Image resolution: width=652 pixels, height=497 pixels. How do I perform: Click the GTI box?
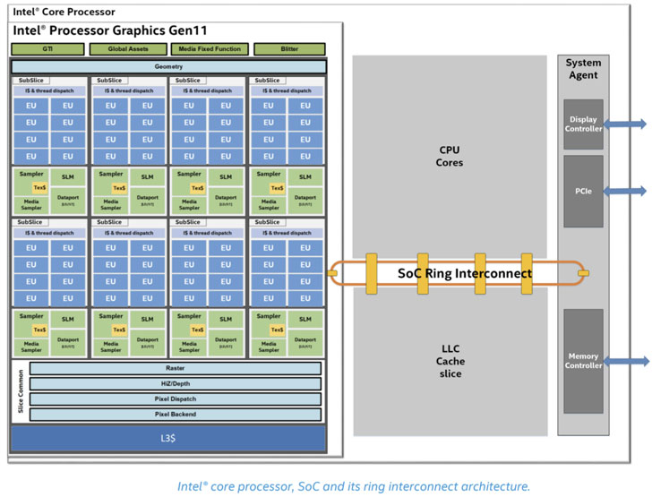point(47,49)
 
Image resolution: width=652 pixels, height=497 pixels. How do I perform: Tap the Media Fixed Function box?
point(209,49)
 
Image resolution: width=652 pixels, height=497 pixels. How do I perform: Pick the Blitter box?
point(288,49)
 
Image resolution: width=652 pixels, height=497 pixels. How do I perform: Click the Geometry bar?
point(168,66)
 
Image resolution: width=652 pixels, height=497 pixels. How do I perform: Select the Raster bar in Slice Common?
point(176,368)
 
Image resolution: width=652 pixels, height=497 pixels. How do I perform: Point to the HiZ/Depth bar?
point(176,383)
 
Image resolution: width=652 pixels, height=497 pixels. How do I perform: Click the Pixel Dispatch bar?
point(176,398)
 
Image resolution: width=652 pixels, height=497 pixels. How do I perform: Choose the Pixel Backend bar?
point(176,414)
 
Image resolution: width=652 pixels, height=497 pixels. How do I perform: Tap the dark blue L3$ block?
point(168,438)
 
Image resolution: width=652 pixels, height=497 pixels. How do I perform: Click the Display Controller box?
point(583,124)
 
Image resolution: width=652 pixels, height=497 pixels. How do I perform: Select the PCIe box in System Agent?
point(583,191)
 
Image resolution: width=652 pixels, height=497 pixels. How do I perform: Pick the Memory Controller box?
point(583,361)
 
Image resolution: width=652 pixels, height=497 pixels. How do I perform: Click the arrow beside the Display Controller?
point(626,124)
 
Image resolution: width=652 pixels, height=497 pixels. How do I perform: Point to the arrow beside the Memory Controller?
point(626,361)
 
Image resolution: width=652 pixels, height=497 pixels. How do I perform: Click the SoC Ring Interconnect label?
point(465,273)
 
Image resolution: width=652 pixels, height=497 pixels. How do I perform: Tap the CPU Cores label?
point(450,157)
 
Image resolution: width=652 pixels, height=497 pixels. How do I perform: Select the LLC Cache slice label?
point(450,361)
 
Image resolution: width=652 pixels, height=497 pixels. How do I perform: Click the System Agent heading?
point(583,69)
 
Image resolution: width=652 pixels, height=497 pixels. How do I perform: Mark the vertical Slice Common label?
point(19,391)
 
